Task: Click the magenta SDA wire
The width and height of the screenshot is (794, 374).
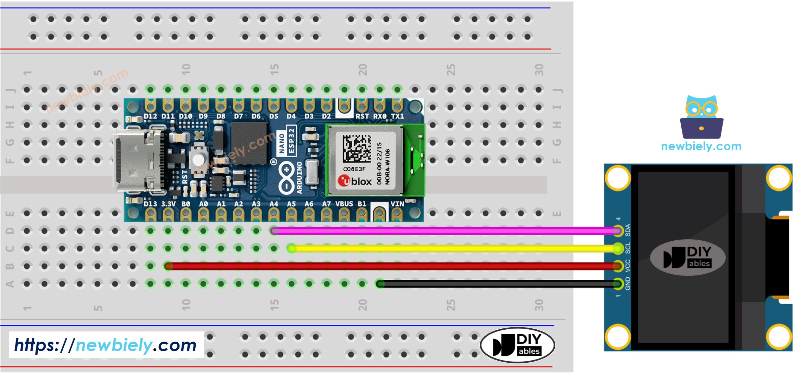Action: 443,231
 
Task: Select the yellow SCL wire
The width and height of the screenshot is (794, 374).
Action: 454,249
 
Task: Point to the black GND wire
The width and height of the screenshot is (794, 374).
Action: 496,284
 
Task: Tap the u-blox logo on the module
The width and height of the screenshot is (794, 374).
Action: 355,181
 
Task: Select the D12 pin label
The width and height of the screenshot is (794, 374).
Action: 150,116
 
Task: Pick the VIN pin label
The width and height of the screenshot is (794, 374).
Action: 397,204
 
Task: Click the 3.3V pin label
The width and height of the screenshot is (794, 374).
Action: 168,204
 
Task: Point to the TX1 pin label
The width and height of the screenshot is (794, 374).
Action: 397,116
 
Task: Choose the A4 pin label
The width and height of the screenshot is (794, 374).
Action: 274,204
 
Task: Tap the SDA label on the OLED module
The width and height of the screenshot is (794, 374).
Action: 628,230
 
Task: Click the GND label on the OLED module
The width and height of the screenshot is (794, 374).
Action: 628,284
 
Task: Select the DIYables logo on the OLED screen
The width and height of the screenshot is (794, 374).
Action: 687,258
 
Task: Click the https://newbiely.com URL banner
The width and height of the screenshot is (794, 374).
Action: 106,345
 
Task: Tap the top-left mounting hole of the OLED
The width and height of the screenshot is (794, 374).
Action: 618,178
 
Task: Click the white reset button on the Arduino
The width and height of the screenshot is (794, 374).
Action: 198,158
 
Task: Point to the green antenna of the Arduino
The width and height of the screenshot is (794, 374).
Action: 415,160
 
